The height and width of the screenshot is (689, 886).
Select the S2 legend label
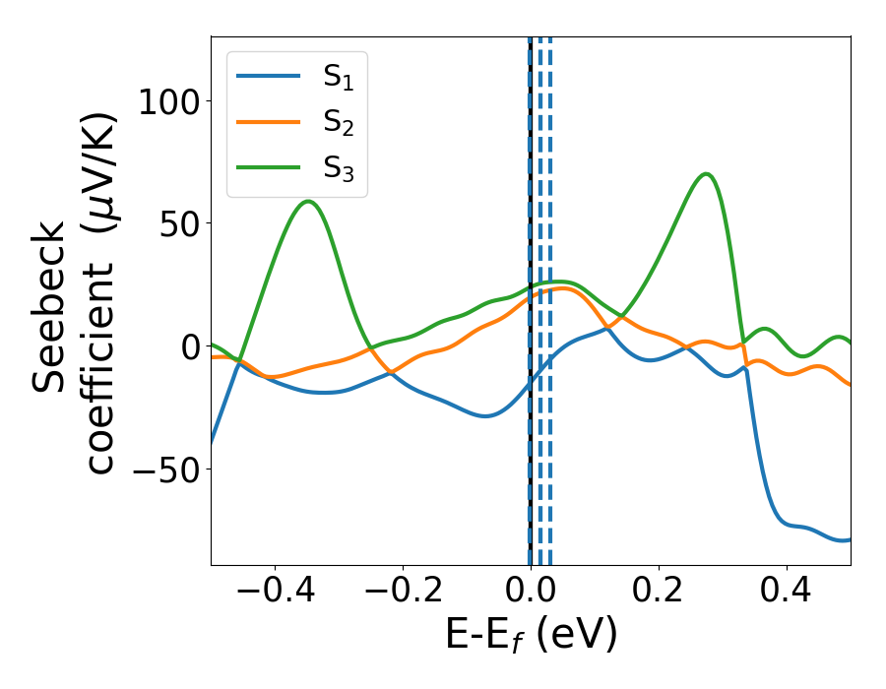(339, 123)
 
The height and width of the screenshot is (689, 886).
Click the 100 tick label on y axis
(168, 101)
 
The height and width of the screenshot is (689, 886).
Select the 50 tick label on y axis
(180, 223)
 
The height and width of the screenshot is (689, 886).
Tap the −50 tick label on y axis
(168, 469)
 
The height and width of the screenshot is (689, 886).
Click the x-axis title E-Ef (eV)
(531, 635)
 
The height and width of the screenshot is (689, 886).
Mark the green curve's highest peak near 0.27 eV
(706, 174)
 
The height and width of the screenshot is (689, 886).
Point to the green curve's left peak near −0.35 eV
(308, 202)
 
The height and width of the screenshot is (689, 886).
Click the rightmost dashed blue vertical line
(549, 295)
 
